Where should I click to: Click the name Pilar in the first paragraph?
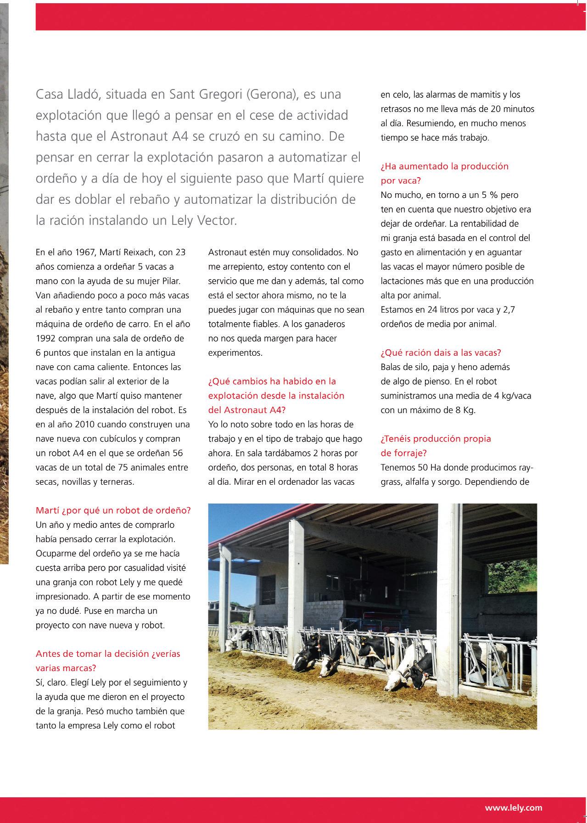(170, 281)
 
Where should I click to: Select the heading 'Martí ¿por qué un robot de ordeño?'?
(113, 510)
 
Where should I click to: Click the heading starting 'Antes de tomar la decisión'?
(108, 654)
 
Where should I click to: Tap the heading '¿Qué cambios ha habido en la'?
(272, 381)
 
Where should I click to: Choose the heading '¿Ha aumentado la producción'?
(444, 166)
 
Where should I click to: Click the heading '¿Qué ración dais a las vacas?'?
(441, 353)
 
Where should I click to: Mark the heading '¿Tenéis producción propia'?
(436, 439)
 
